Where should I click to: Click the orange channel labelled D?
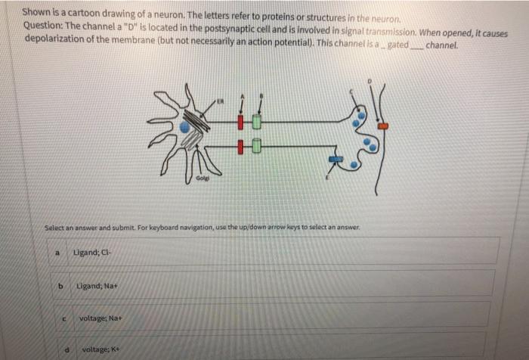coord(382,126)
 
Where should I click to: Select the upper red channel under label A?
coord(241,121)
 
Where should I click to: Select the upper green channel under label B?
coord(257,121)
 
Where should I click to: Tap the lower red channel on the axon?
coord(241,145)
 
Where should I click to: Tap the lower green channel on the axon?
coord(257,145)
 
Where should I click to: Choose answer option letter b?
coord(61,285)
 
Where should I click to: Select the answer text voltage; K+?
coord(98,349)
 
